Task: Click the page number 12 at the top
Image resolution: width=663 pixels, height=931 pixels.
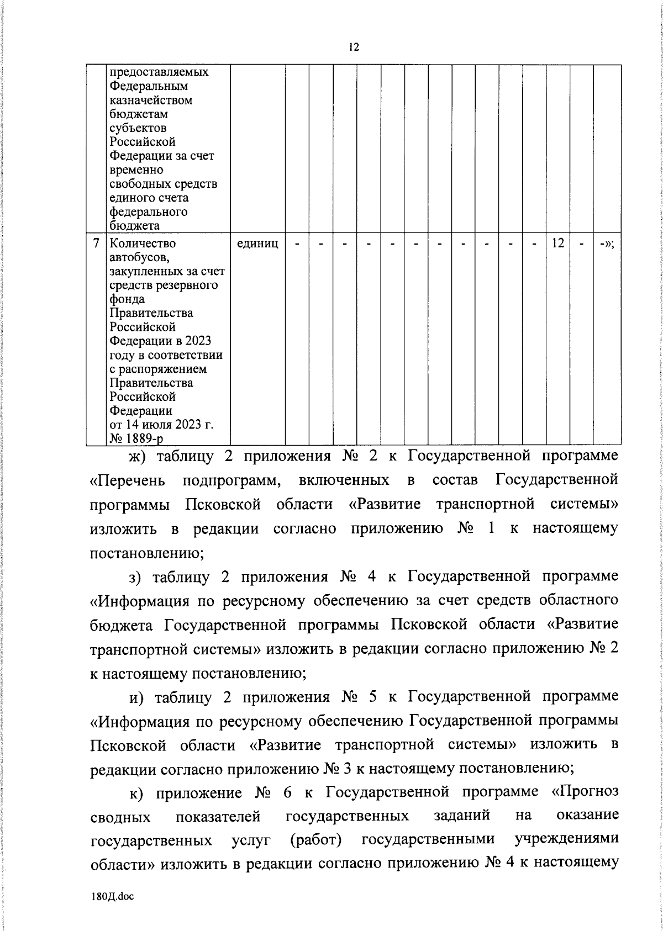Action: pyautogui.click(x=354, y=47)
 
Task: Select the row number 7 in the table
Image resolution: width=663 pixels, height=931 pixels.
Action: pyautogui.click(x=97, y=243)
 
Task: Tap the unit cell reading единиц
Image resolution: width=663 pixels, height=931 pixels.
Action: pyautogui.click(x=257, y=243)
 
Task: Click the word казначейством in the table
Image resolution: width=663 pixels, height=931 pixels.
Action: pyautogui.click(x=151, y=100)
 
